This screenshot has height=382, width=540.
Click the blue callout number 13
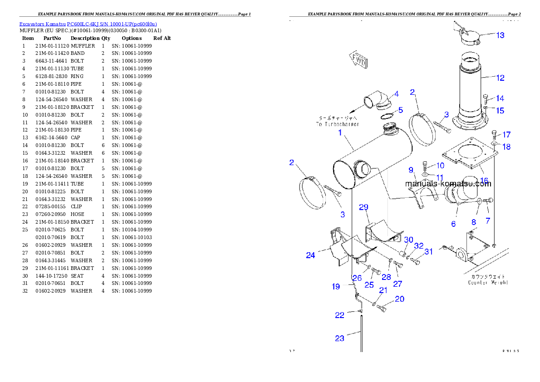tap(500, 35)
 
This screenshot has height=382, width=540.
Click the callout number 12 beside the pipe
tap(500, 78)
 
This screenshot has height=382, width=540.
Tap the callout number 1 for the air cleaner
tap(339, 133)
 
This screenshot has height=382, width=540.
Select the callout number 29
tap(363, 207)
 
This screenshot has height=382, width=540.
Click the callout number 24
tap(310, 255)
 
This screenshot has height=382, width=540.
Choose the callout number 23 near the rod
tap(339, 338)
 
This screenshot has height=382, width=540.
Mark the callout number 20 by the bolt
tap(399, 299)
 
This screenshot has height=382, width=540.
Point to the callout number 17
tap(506, 135)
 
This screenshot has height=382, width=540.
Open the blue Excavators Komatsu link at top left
tap(88, 24)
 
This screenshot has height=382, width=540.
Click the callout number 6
tap(453, 224)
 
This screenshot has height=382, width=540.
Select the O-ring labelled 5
tap(387, 117)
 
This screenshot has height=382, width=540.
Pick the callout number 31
tap(428, 251)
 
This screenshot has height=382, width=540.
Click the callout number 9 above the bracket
tap(411, 170)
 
